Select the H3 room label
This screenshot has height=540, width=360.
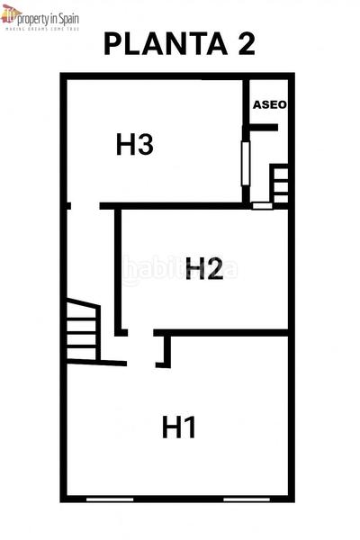coord(135,144)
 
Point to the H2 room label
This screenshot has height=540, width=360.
coord(204,268)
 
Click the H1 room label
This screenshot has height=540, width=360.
coord(179,427)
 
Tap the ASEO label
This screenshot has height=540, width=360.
coord(269,104)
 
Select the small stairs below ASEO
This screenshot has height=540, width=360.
coord(280,184)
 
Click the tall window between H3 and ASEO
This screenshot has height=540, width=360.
coord(244,162)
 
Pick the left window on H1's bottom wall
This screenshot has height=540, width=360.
coord(108,499)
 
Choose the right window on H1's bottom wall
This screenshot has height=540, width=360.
coord(245,499)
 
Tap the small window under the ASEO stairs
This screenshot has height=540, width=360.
coord(262,206)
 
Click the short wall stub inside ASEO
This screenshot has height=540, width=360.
coord(264,129)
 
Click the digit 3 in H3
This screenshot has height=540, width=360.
coord(146,144)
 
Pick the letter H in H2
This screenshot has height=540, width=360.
coord(194,268)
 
